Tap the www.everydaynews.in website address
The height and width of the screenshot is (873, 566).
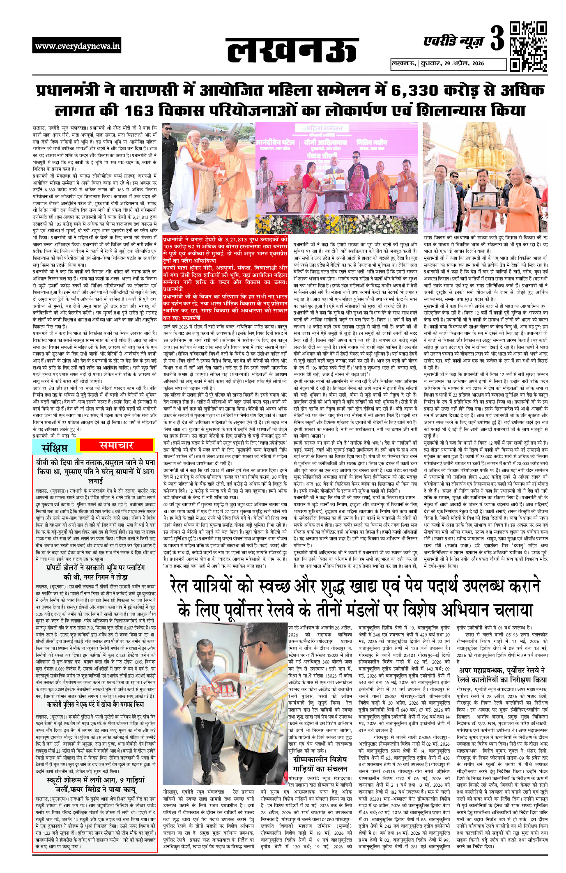[x=77, y=46]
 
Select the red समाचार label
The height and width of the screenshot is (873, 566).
[x=116, y=445]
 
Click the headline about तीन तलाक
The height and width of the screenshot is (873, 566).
[x=95, y=471]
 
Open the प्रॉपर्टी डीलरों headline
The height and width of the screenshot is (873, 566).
[x=95, y=572]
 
